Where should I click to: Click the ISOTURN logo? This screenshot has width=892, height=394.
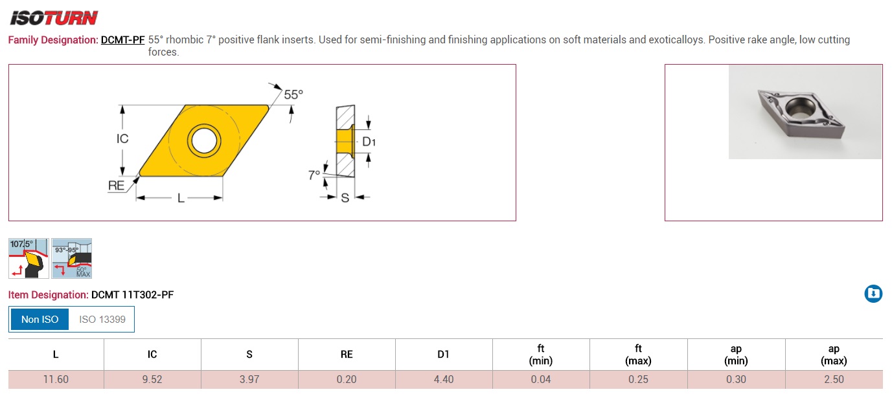[54, 17]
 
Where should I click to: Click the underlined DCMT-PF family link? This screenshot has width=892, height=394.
[122, 40]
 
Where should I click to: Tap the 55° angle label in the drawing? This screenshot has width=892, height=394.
[293, 94]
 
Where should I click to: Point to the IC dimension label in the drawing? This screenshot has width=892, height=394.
[122, 138]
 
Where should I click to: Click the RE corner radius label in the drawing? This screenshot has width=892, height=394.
[116, 186]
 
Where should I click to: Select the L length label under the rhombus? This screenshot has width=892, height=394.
[181, 199]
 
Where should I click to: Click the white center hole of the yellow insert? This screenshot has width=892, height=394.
[203, 139]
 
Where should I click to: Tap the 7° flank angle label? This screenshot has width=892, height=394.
[314, 175]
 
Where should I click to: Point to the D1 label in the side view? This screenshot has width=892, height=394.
[369, 142]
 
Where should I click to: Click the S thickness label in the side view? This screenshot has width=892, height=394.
[345, 198]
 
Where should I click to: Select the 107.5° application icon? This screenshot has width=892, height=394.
[28, 258]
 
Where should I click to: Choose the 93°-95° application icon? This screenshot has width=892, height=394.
[72, 258]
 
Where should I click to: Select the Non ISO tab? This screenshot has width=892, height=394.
[40, 319]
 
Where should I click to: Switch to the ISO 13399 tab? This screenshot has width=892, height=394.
[102, 319]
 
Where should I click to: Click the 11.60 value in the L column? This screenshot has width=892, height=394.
[56, 379]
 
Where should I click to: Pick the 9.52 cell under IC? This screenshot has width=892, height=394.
[152, 379]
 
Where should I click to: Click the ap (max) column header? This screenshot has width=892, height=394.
[833, 355]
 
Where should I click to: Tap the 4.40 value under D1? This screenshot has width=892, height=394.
[444, 379]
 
